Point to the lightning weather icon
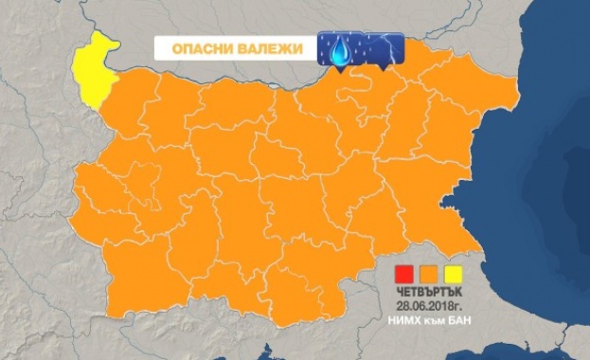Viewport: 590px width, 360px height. click(384, 47)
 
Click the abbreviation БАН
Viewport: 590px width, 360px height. click(456, 321)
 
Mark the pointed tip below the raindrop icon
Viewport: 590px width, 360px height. click(334, 68)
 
